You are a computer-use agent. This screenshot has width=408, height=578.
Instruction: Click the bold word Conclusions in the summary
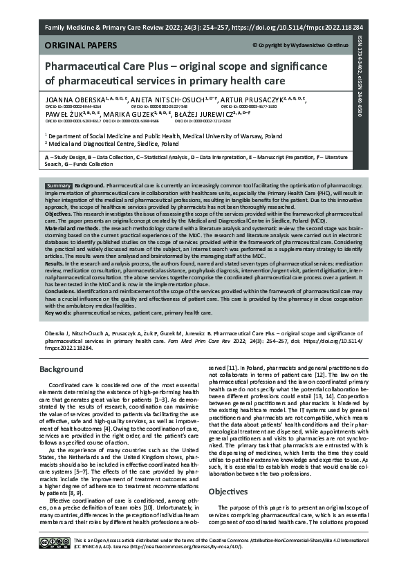[64, 290]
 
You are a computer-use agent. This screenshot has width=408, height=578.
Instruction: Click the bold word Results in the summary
[55, 263]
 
